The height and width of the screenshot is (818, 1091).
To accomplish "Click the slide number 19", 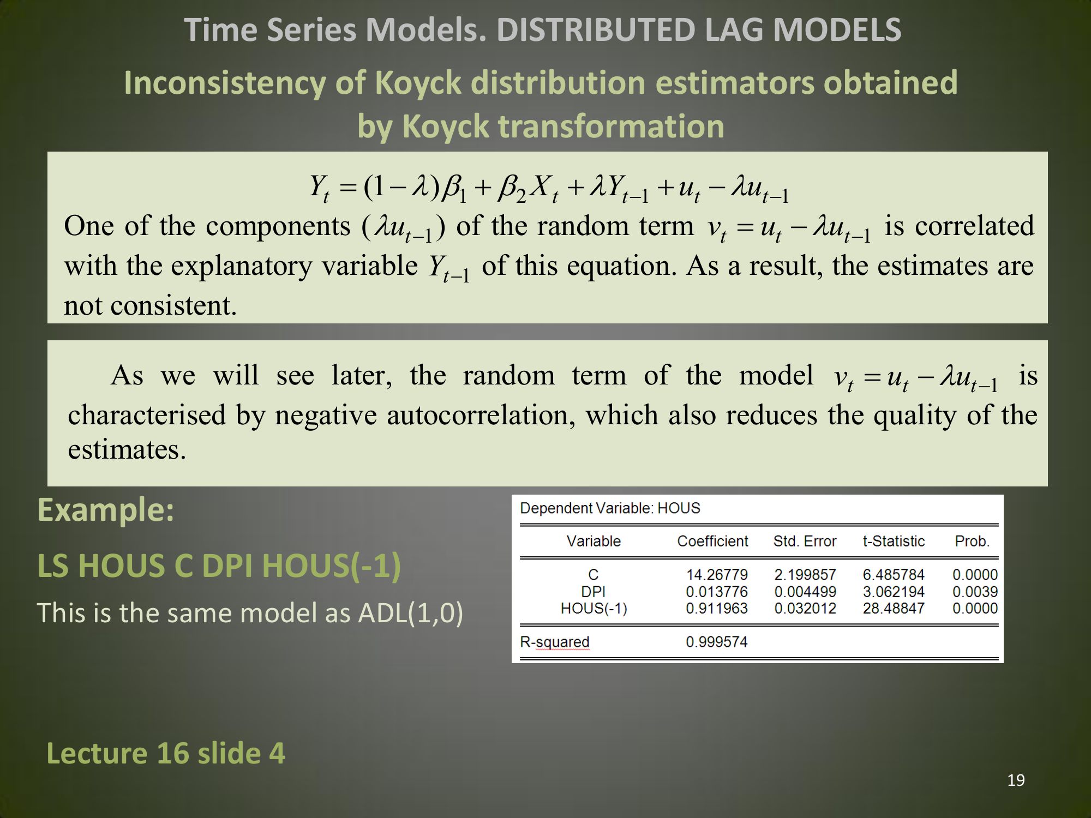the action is point(1016,780).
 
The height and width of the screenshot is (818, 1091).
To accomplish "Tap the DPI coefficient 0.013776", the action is point(716,592).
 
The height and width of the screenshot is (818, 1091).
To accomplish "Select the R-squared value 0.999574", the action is point(716,642).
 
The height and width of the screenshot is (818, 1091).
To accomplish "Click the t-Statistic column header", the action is point(894,541).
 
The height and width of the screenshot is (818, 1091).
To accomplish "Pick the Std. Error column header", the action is point(805,541).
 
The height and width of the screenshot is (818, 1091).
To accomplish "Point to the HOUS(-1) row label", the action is point(594,609).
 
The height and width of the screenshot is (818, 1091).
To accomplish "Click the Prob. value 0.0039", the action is point(975,592).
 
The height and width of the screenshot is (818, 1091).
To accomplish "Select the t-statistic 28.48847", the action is point(894,609).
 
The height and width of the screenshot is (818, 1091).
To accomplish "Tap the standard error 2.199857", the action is point(805,575).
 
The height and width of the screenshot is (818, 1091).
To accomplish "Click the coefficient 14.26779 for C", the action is point(716,575).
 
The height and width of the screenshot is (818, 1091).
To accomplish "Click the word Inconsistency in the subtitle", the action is point(225,83).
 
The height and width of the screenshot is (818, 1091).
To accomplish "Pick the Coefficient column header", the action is point(712,541).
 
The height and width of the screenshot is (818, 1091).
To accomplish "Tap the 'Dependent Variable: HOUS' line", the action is point(610,508).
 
